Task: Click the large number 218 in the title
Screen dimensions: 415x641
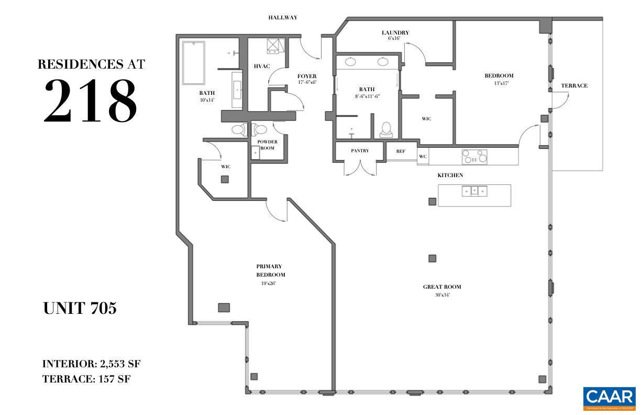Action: pos(90,100)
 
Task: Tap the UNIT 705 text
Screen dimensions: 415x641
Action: pos(80,309)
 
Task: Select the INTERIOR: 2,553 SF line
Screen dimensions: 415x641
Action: pos(92,364)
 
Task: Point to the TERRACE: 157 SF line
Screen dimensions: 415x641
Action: pos(86,379)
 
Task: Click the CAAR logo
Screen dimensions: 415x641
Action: pos(609,398)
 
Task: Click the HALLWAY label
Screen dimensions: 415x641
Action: pos(283,17)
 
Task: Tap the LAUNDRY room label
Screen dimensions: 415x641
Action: pos(395,32)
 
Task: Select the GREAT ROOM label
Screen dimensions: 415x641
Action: pos(442,287)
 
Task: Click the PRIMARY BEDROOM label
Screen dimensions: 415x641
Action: pos(270,270)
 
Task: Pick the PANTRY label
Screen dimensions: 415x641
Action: pos(360,151)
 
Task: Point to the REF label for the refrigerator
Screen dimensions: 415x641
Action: pos(401,151)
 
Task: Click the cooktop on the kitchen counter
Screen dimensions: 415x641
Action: pos(474,157)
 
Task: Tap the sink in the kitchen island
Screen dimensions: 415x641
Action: pos(474,191)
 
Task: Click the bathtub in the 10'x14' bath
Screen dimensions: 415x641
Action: pos(193,63)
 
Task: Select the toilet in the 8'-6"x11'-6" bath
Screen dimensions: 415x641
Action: pos(386,129)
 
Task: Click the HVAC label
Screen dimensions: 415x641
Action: pos(262,66)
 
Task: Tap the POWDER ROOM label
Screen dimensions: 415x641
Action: pos(267,145)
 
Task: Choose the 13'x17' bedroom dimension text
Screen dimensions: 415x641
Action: pos(501,83)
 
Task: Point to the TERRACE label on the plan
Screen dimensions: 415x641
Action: pos(574,85)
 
